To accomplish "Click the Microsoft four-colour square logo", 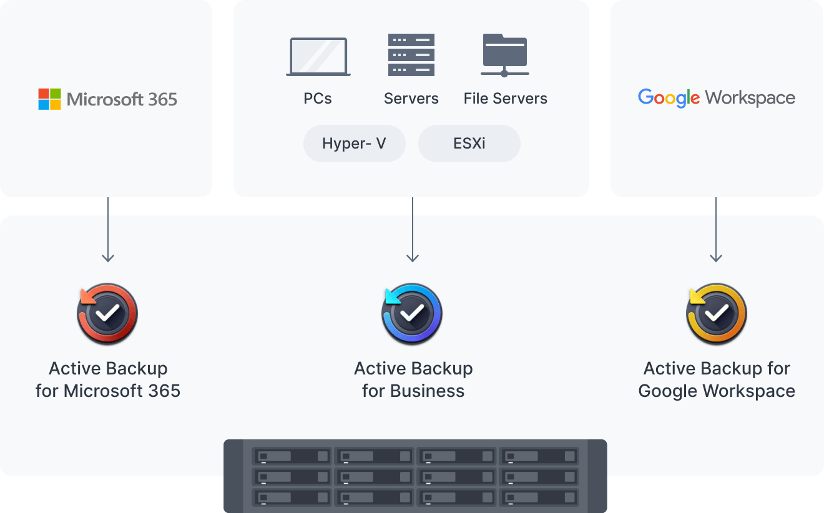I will (50, 99).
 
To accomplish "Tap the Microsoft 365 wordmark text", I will (122, 99).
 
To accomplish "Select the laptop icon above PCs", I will (318, 57).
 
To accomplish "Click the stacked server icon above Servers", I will (411, 55).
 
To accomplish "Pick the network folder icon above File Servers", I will (505, 55).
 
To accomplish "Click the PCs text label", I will (318, 99).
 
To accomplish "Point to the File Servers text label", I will (505, 99).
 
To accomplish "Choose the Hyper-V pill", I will (354, 144).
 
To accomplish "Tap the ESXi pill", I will (469, 144).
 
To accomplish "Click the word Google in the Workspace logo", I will (669, 98).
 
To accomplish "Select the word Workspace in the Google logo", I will (750, 98).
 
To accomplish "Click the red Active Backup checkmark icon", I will (107, 314).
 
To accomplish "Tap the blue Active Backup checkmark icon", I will (412, 314).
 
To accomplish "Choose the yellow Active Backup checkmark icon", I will (716, 314).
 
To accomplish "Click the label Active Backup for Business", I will (413, 379).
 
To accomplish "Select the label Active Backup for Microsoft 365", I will (108, 379).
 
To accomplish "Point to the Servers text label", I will (411, 99).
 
